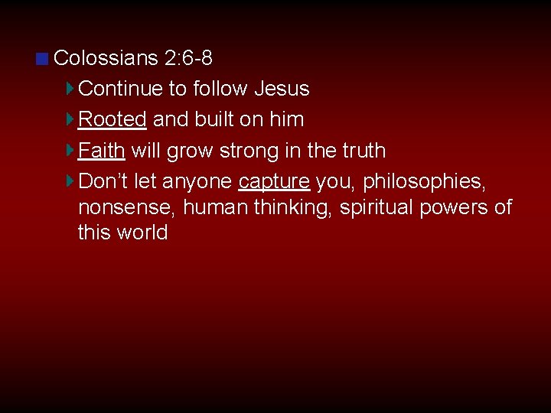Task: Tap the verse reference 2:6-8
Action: [188, 58]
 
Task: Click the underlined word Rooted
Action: [112, 120]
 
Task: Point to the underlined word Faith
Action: [102, 151]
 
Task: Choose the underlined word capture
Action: [274, 182]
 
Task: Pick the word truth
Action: [361, 151]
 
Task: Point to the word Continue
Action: [121, 89]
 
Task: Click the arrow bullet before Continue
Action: [70, 89]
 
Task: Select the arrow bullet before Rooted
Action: [70, 119]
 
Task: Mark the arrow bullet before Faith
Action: [70, 150]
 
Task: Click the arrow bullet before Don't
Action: [70, 181]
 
